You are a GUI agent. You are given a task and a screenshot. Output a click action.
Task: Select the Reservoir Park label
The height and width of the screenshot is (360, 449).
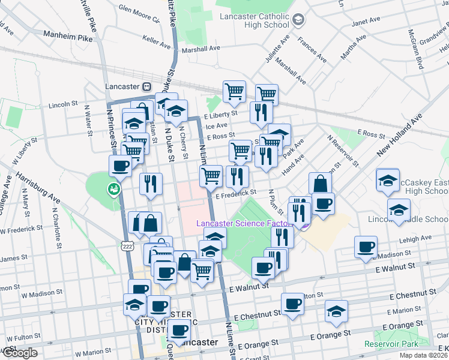tap(391, 344)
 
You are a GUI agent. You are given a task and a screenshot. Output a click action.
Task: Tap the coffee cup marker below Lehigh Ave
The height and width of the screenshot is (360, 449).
tap(366, 247)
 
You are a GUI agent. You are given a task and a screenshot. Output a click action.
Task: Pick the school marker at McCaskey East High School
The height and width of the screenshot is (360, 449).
tap(388, 178)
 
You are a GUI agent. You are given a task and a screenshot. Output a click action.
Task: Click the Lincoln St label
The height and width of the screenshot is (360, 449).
tap(63, 104)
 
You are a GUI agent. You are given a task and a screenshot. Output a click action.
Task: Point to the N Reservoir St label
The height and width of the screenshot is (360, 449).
tap(343, 150)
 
